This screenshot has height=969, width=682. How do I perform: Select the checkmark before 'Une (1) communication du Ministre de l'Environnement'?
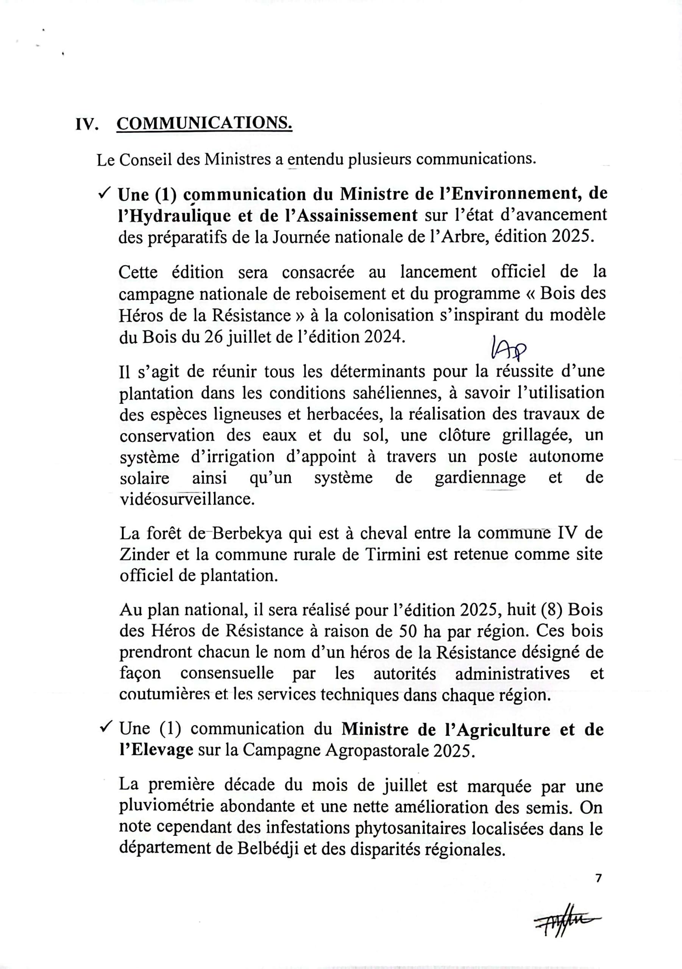pyautogui.click(x=104, y=193)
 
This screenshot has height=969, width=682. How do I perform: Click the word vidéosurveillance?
pyautogui.click(x=187, y=499)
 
